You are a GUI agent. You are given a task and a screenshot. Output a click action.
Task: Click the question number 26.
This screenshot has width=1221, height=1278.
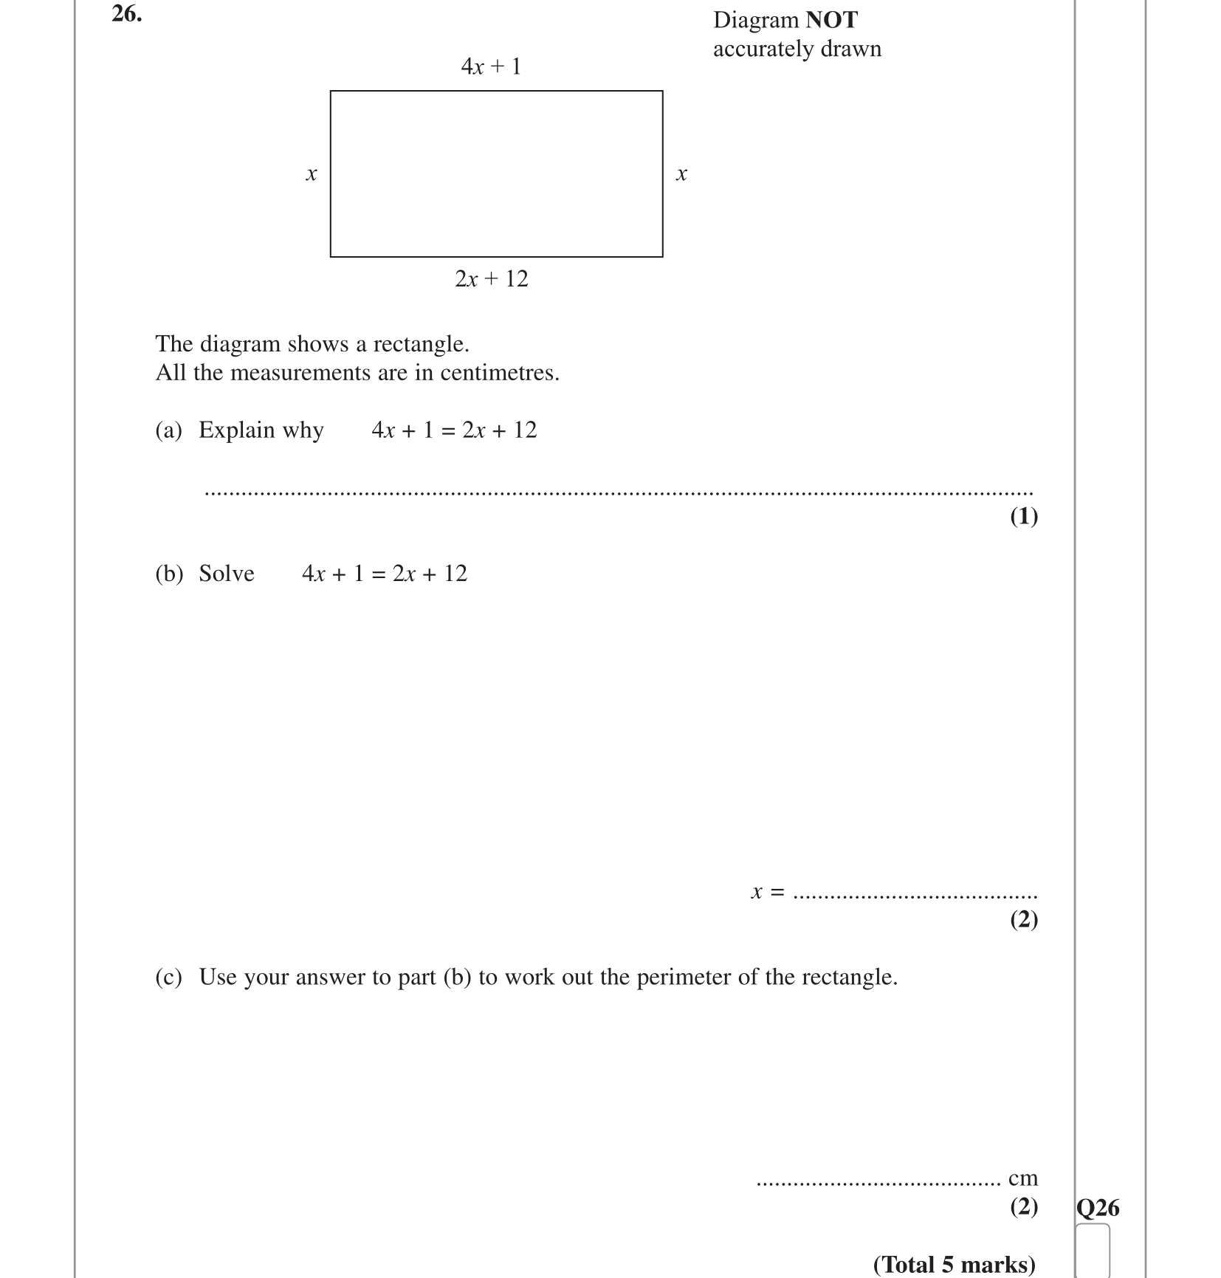126,14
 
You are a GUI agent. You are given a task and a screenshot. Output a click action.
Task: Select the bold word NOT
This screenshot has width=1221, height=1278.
831,20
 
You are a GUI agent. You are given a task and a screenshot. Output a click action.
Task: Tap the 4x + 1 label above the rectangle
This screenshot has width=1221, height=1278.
491,66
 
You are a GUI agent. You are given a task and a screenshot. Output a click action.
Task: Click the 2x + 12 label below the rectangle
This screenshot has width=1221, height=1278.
492,279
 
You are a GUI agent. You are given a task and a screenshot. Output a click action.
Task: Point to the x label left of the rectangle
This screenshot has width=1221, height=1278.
312,174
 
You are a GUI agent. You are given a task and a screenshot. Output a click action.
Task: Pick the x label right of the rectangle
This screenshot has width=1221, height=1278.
681,174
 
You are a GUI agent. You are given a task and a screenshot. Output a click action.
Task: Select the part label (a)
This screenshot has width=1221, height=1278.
168,430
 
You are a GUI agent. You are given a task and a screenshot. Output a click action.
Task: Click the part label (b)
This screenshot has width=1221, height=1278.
168,574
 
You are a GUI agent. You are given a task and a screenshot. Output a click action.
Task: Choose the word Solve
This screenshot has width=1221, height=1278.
227,574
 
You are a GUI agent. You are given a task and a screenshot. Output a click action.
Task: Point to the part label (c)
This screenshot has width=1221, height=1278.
168,977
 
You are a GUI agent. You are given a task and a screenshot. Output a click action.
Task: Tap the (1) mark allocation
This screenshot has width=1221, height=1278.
1024,516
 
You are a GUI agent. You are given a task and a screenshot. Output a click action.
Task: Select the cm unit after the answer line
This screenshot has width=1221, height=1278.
1023,1178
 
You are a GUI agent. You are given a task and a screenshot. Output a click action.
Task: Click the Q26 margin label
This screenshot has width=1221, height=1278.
1098,1208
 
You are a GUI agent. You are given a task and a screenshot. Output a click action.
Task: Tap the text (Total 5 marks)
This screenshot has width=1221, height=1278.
955,1265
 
